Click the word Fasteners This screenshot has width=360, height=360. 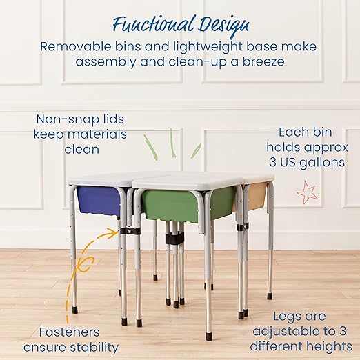click(x=68, y=331)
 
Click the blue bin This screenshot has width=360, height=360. click(x=99, y=199)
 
